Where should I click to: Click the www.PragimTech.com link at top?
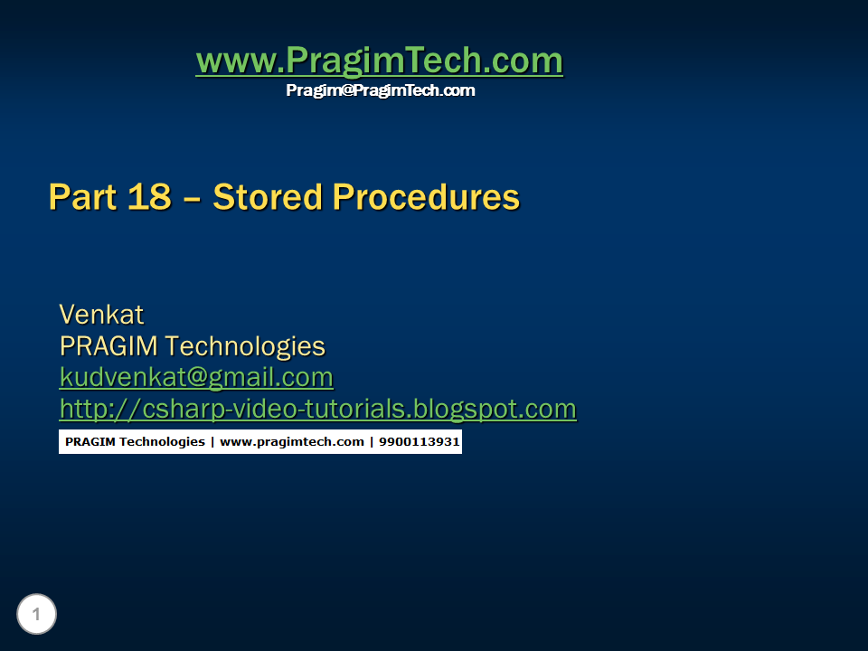[x=379, y=61]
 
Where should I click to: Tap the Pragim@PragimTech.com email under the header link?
[x=380, y=90]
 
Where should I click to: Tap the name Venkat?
[x=101, y=315]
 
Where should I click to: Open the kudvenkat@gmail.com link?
[x=196, y=377]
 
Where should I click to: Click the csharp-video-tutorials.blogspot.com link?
[x=317, y=409]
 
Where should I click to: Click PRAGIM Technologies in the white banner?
[x=135, y=442]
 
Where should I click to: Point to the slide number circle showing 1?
[x=36, y=615]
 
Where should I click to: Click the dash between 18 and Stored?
[x=192, y=198]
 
